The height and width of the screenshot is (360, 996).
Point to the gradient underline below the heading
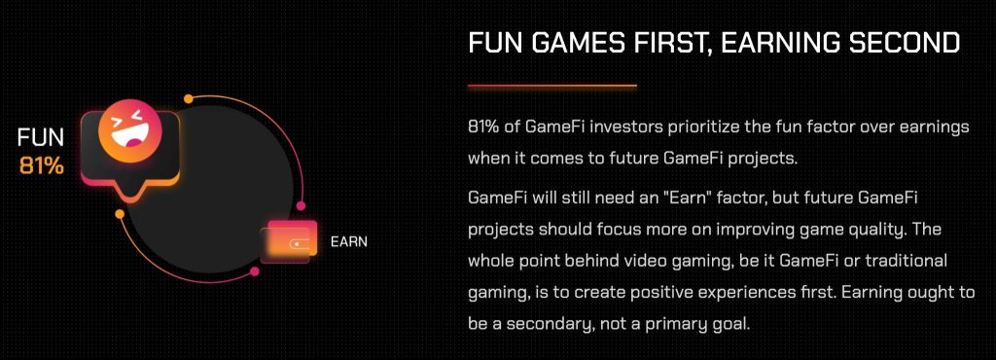coord(552,85)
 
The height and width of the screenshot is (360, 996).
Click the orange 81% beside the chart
coord(42,165)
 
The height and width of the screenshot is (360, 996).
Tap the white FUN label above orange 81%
coord(41,138)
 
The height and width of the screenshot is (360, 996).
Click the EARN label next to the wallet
coord(349,242)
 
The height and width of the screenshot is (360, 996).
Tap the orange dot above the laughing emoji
coord(188,98)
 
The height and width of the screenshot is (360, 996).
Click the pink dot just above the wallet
coord(302,206)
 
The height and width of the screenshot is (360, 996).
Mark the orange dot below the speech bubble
coord(120,214)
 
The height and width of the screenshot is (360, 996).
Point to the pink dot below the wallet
coord(255,271)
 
